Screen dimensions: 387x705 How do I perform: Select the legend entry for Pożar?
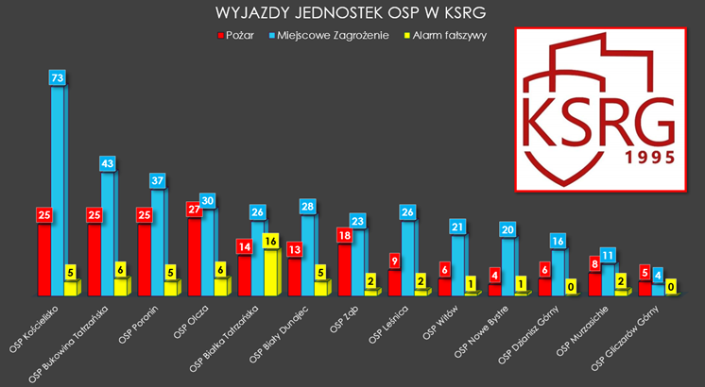[x=237, y=35]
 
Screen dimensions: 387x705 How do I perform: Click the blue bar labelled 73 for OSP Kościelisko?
[x=59, y=189]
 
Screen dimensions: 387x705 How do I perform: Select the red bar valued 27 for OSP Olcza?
[x=196, y=255]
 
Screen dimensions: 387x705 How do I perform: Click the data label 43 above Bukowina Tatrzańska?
[x=108, y=163]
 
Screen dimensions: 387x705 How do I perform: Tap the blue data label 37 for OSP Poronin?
[x=159, y=179]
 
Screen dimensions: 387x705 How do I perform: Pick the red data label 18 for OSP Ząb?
[x=346, y=234]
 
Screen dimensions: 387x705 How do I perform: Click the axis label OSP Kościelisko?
[x=34, y=325]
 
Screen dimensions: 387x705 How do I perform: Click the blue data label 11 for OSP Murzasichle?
[x=609, y=255]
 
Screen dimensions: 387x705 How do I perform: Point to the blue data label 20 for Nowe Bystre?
[x=508, y=229]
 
